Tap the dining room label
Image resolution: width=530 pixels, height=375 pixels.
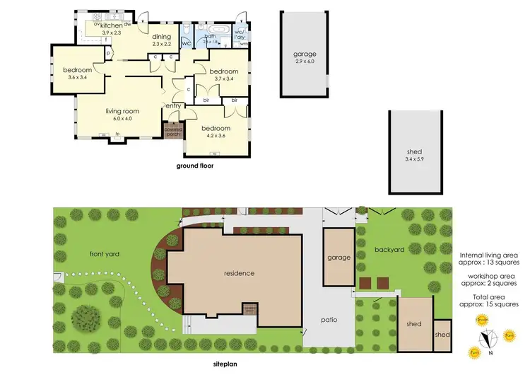[x=163, y=37]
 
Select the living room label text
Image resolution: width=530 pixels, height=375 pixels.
[x=122, y=111]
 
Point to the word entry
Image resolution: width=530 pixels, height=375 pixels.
[x=174, y=105]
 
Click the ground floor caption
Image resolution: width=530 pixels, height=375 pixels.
[x=194, y=166]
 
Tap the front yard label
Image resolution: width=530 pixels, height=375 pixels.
[x=102, y=254]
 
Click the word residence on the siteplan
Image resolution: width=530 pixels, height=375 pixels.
[x=239, y=273]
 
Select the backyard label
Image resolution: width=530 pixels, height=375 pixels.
[x=389, y=250]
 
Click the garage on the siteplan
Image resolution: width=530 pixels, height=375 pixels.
[x=338, y=258]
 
